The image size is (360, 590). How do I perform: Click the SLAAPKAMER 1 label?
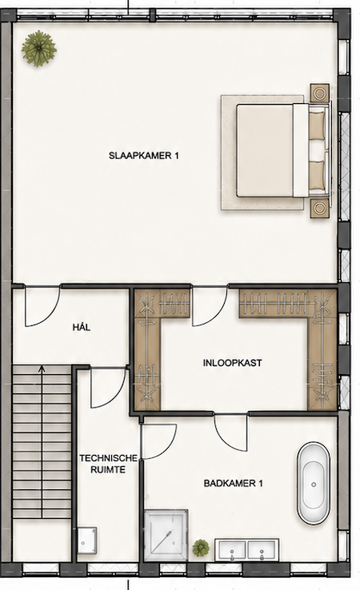pos(143,155)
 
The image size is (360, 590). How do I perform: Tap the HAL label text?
pos(82,327)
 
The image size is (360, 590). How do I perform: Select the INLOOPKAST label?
pos(232,363)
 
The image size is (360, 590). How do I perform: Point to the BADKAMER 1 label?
pos(233,483)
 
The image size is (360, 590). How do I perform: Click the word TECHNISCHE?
pos(108,458)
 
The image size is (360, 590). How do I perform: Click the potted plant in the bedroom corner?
pos(38,49)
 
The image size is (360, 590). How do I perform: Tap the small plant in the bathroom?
pos(201,548)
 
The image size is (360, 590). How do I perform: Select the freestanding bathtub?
pos(314,484)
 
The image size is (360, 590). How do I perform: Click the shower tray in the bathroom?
pos(166,535)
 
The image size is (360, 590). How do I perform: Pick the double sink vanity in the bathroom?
pos(247,550)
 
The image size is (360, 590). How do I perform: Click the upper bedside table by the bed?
pos(320,93)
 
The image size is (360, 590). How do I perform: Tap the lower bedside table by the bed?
pos(320,209)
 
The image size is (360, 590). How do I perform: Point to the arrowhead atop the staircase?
pos(42,369)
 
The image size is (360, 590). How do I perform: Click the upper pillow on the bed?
pos(317,126)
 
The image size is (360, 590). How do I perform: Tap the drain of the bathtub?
pos(314,484)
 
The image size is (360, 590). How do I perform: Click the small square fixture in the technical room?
pos(87,540)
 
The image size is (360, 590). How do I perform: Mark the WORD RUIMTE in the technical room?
pos(108,469)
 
